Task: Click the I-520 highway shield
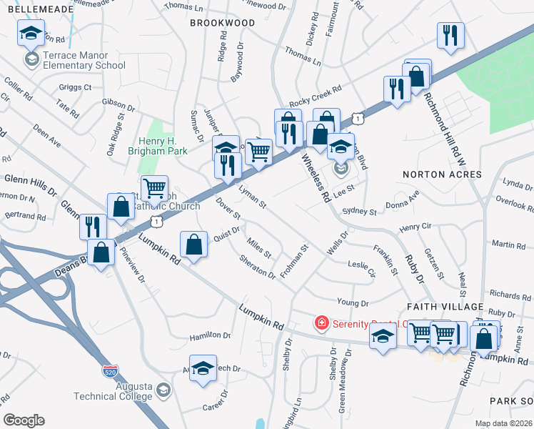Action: pyautogui.click(x=109, y=372)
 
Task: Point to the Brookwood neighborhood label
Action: pyautogui.click(x=222, y=23)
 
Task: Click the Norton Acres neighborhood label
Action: pyautogui.click(x=443, y=174)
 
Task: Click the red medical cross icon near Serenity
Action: pyautogui.click(x=322, y=323)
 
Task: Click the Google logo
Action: pyautogui.click(x=24, y=420)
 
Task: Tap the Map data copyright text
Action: pyautogui.click(x=503, y=423)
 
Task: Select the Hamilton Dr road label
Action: pyautogui.click(x=210, y=335)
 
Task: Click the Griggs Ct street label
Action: pyautogui.click(x=76, y=87)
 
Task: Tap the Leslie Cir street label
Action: pyautogui.click(x=361, y=267)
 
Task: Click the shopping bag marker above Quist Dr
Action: pyautogui.click(x=193, y=245)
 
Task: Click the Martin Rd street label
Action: pyautogui.click(x=508, y=245)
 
